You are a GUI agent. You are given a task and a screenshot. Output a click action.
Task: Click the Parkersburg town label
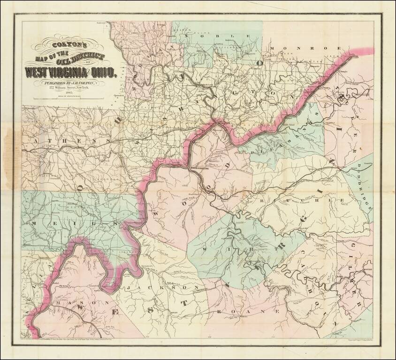coord(202,167)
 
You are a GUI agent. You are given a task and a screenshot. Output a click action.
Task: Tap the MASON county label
coord(75,303)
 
